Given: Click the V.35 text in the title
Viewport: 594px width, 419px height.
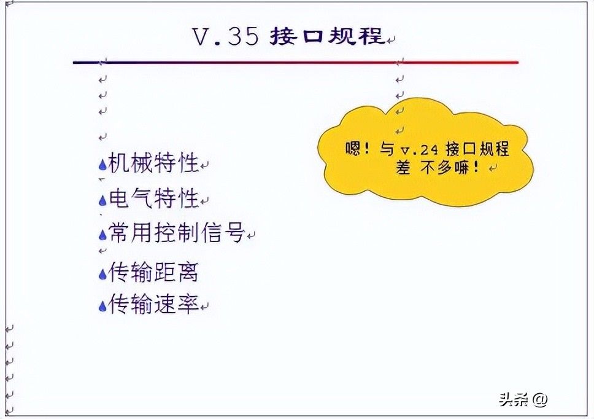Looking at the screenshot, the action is coord(226,36).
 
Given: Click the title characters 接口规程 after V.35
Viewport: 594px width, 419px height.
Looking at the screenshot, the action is coord(328,36).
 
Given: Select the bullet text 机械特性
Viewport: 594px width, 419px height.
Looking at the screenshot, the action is coord(153,163).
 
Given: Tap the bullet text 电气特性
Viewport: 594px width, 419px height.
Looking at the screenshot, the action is coord(153,198).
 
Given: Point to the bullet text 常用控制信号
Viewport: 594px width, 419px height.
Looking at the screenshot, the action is coord(177,232).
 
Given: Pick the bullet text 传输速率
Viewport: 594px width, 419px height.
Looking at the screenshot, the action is coord(153,304).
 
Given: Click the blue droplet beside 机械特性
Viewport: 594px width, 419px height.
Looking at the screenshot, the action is coord(102,165).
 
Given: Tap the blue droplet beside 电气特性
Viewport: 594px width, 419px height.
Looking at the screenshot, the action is coord(102,200).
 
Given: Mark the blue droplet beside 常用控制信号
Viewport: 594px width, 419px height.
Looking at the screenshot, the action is coord(102,235).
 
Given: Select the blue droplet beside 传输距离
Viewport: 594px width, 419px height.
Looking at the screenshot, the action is coord(102,274).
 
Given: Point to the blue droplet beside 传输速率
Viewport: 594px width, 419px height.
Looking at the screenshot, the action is coord(102,306).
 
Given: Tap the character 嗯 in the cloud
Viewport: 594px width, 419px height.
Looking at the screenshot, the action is coord(352,148).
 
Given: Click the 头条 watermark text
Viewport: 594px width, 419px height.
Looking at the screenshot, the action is coord(514,399).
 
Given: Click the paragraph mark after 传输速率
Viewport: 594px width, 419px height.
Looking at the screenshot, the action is coord(204,307).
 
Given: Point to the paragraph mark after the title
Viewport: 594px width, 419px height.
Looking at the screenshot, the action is coord(391,39).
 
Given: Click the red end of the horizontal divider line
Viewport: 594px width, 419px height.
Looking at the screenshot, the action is coord(517,62).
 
